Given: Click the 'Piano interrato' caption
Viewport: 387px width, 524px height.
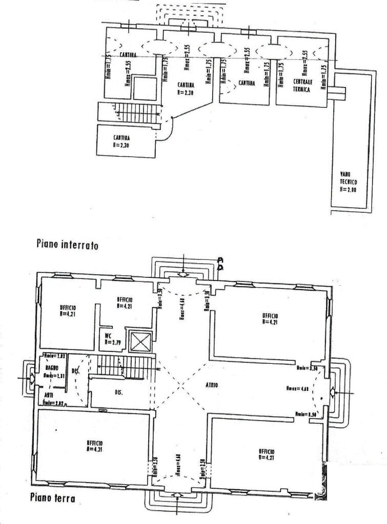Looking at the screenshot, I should [x=67, y=245].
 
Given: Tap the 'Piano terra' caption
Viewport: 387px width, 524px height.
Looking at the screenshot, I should [x=53, y=497].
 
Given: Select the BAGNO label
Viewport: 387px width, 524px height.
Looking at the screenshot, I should [x=51, y=368].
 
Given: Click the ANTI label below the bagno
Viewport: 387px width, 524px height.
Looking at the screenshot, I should [x=48, y=395].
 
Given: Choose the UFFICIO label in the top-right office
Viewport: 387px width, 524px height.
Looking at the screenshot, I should [x=271, y=318].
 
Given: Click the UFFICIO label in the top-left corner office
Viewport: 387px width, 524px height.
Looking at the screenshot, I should [x=68, y=311].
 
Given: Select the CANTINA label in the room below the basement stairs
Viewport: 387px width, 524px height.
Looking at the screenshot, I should [x=121, y=141].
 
